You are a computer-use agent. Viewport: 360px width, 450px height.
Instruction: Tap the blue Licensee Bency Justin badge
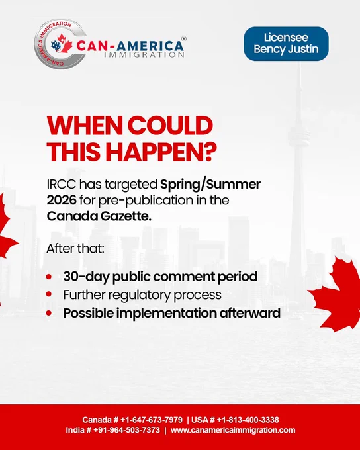[x=286, y=44]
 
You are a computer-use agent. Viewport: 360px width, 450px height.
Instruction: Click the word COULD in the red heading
[x=170, y=126]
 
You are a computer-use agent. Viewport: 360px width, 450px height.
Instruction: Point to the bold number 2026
[x=62, y=200]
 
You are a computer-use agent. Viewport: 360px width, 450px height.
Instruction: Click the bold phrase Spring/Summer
[x=210, y=184]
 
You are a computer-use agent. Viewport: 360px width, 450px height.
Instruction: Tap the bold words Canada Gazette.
[x=99, y=216]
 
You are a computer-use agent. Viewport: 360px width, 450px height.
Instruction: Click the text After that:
[x=75, y=249]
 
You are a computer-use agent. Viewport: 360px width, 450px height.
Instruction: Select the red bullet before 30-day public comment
[x=49, y=277]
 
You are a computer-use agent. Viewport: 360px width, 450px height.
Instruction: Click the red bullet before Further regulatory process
[x=49, y=294]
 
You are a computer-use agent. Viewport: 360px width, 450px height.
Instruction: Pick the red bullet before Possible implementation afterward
[x=49, y=313]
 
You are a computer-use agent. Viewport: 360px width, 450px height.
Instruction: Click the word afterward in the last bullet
[x=250, y=313]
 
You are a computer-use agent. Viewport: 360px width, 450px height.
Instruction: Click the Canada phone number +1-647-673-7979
[x=152, y=420]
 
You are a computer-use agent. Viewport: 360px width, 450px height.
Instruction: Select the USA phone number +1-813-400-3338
[x=247, y=420]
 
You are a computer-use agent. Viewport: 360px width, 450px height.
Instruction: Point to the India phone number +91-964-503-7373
[x=126, y=430]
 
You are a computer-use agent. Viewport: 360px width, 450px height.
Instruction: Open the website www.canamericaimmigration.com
[x=233, y=430]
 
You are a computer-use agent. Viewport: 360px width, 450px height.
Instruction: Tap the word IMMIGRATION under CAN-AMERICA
[x=144, y=54]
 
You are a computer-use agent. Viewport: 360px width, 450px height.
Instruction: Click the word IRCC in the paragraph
[x=62, y=184]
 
